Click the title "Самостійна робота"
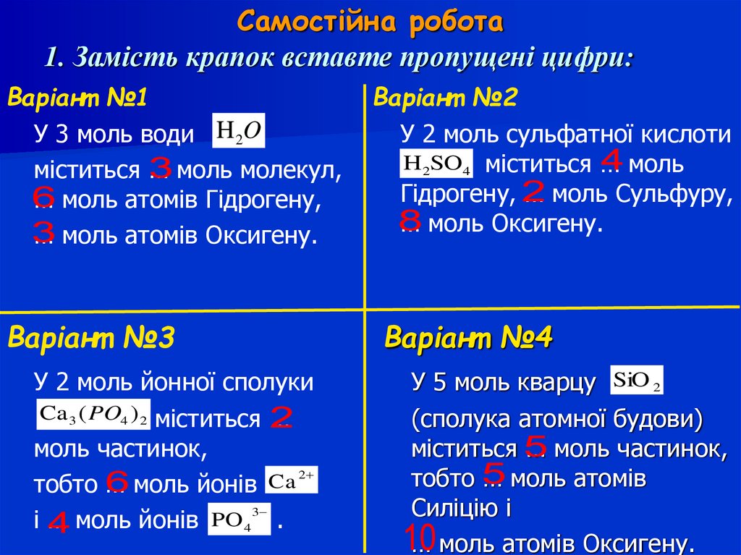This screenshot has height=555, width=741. [x=370, y=22]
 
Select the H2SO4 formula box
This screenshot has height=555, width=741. [x=436, y=164]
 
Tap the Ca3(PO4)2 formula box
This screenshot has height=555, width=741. [x=93, y=415]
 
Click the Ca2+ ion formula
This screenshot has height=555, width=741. [x=292, y=480]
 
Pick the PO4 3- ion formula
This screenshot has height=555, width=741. [x=239, y=519]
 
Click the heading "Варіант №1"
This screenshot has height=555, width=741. [x=77, y=98]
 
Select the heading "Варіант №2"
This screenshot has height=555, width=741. [x=445, y=98]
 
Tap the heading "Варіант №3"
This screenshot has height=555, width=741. [x=91, y=338]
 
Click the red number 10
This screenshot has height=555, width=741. [x=420, y=538]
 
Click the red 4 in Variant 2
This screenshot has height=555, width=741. [x=611, y=159]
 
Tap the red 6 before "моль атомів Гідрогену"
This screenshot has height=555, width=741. [x=43, y=197]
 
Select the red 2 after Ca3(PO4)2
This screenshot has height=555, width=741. [x=281, y=417]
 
